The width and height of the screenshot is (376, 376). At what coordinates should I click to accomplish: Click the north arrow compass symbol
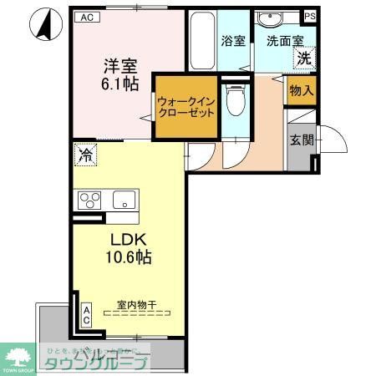pyautogui.click(x=43, y=24)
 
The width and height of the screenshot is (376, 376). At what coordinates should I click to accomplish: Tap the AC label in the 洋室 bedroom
pyautogui.click(x=86, y=17)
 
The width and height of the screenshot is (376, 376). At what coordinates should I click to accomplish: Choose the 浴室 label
pyautogui.click(x=233, y=40)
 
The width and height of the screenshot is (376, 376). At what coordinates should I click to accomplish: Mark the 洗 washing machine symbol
pyautogui.click(x=305, y=58)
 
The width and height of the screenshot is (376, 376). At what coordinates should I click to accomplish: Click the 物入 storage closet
pyautogui.click(x=301, y=91)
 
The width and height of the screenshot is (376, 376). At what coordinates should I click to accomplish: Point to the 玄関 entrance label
pyautogui.click(x=301, y=141)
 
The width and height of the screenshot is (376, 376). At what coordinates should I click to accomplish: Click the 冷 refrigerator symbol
pyautogui.click(x=84, y=154)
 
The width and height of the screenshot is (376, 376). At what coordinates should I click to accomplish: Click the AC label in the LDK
pyautogui.click(x=86, y=314)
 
